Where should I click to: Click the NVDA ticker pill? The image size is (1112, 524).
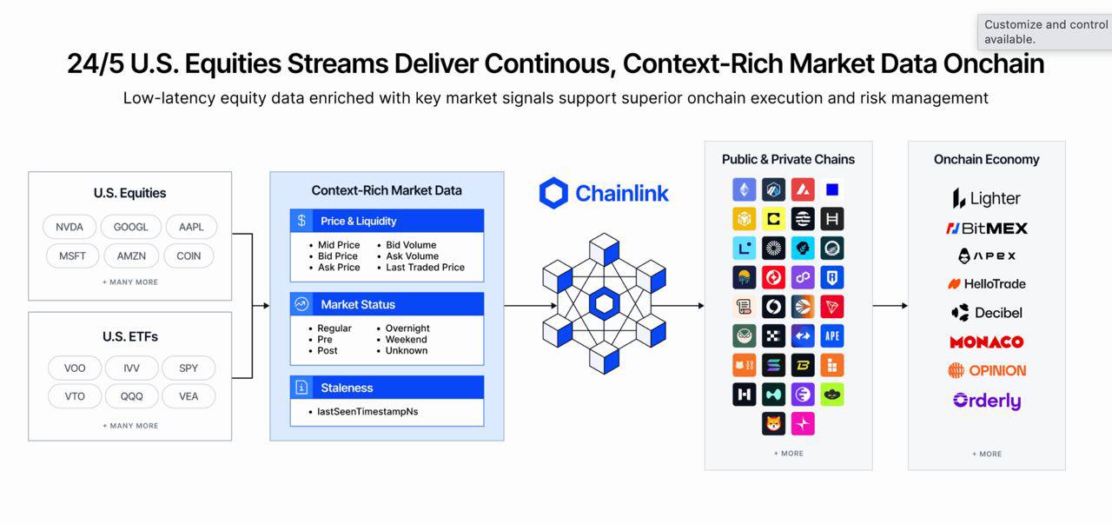pyautogui.click(x=69, y=227)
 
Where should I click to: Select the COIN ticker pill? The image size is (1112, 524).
pyautogui.click(x=189, y=256)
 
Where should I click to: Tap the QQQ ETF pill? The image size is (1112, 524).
pyautogui.click(x=131, y=396)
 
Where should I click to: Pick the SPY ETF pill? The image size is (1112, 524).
pyautogui.click(x=189, y=368)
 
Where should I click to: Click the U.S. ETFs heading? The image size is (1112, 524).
pyautogui.click(x=130, y=336)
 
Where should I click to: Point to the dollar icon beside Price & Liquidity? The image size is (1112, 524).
pyautogui.click(x=301, y=221)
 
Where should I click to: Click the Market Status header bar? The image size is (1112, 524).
pyautogui.click(x=387, y=304)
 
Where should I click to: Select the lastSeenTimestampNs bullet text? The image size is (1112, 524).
pyautogui.click(x=367, y=411)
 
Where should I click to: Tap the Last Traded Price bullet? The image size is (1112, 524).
pyautogui.click(x=425, y=268)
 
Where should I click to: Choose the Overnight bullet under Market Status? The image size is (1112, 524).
pyautogui.click(x=407, y=328)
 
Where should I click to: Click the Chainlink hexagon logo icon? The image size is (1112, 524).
pyautogui.click(x=553, y=193)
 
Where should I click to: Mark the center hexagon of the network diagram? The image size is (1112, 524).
pyautogui.click(x=604, y=304)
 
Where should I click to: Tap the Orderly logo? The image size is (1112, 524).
pyautogui.click(x=986, y=401)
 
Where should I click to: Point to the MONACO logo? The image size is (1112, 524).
pyautogui.click(x=986, y=342)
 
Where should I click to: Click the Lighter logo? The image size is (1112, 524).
pyautogui.click(x=986, y=199)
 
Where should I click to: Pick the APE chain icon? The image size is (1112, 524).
pyautogui.click(x=832, y=336)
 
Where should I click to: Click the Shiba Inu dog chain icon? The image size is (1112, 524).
pyautogui.click(x=773, y=424)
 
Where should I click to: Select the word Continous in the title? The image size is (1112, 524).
pyautogui.click(x=548, y=64)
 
